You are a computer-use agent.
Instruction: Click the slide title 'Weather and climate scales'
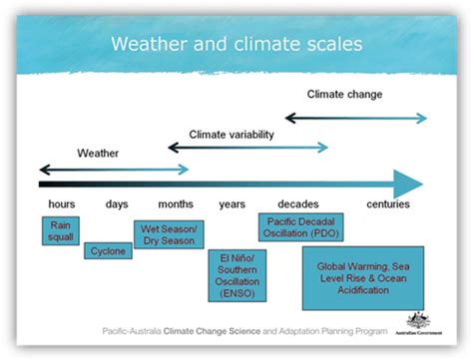point(236,44)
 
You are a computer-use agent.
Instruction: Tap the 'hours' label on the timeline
point(61,204)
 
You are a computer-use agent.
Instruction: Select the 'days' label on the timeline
point(116,204)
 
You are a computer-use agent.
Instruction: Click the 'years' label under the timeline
point(232,204)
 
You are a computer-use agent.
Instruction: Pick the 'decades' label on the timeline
point(298,204)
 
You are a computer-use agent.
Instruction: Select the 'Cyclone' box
point(108,251)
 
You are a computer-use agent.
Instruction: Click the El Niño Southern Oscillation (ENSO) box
point(232,276)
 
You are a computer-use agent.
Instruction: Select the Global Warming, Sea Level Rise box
point(363,278)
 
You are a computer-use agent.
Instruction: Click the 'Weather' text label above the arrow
point(99,154)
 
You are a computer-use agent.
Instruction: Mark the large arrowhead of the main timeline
point(407,183)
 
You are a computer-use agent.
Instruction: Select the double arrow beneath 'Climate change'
point(355,118)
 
